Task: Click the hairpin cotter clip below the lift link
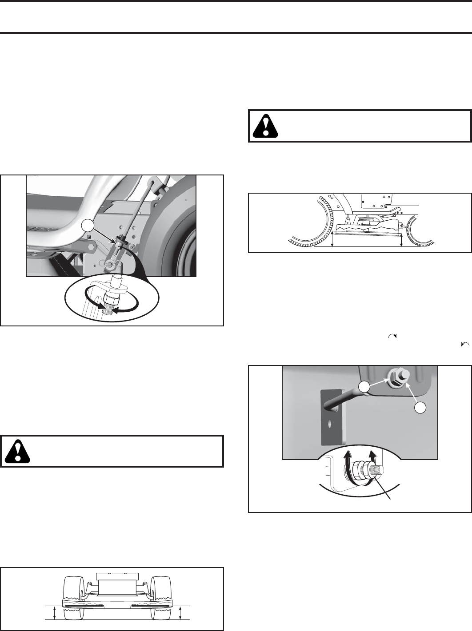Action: coord(107,263)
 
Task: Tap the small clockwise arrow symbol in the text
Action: coord(392,337)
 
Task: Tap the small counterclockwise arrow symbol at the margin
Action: coord(465,344)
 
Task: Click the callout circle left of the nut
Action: coord(364,388)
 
